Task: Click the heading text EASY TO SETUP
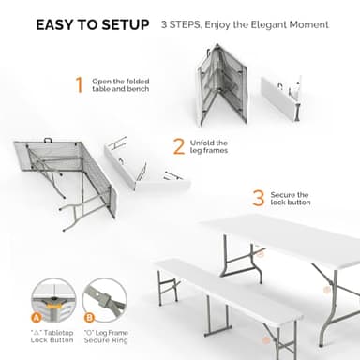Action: [92, 24]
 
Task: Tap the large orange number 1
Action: [79, 85]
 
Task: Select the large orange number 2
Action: [178, 147]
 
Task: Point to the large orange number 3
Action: [258, 198]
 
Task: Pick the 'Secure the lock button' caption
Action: [289, 199]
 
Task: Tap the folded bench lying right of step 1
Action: [281, 94]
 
